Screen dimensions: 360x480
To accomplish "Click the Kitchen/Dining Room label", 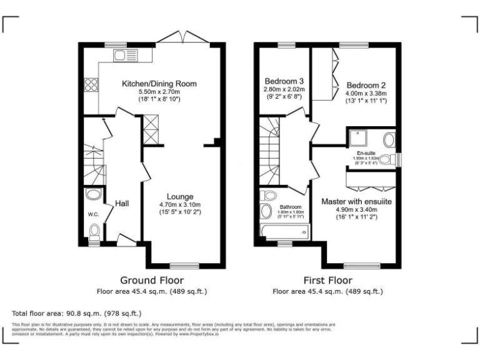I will coord(159,83).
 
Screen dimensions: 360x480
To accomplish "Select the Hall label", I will coord(122,204).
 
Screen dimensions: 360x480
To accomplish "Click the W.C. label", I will coord(94,214).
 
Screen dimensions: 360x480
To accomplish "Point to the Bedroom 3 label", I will coord(284,81).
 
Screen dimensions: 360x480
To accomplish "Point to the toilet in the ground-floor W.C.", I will coord(94,233).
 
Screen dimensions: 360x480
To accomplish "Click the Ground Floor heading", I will coord(152,280).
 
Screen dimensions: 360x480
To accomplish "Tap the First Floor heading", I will coord(327,280).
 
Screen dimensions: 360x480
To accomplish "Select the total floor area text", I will coord(77,312).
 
